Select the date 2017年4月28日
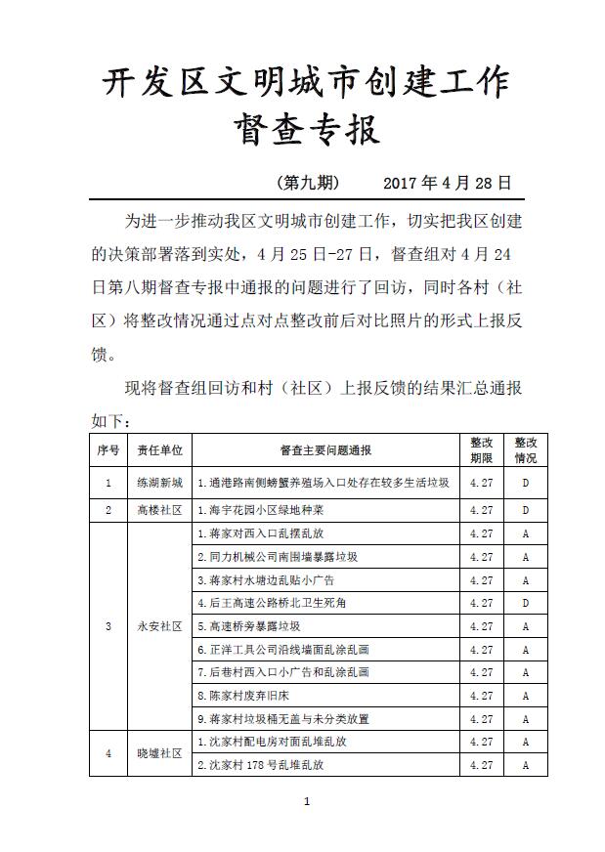point(447,183)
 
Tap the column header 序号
point(108,450)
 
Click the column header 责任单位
point(159,450)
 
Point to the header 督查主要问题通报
point(325,450)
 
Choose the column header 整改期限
point(481,450)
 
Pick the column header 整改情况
point(525,450)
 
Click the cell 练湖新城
point(159,483)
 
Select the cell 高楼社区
point(159,510)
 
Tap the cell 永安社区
point(159,626)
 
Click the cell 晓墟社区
point(159,753)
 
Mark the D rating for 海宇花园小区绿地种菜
point(525,510)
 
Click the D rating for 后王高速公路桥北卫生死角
point(525,603)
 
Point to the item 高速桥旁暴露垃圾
point(248,626)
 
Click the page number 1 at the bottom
point(307,803)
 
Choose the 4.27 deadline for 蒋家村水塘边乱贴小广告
point(481,580)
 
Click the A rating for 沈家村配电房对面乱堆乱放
point(525,742)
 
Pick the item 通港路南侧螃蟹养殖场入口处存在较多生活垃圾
point(323,483)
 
